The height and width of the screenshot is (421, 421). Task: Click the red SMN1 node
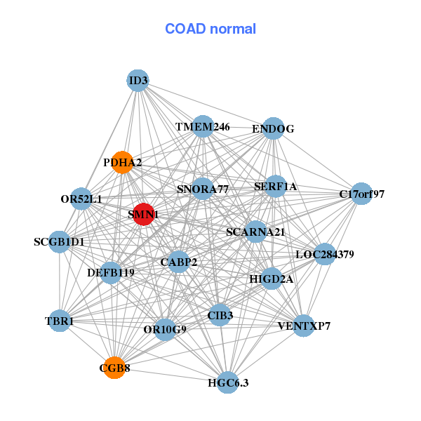coord(143,215)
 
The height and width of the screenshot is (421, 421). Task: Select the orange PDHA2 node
coord(122,162)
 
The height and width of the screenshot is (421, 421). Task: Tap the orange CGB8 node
coord(115,368)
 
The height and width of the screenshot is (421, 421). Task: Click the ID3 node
coord(138,81)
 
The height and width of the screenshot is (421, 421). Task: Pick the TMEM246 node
coord(203,127)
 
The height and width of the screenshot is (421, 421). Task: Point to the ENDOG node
coord(272,128)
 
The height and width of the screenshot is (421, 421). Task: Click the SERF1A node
coord(276,187)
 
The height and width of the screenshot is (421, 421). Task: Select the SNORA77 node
coord(202,189)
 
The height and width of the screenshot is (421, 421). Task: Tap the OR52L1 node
coord(82,199)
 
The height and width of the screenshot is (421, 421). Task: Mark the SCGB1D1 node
coord(59,242)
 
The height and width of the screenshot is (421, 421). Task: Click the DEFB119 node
coord(110,272)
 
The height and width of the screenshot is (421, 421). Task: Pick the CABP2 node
coord(179,262)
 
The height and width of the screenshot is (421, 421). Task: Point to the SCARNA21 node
coord(255,232)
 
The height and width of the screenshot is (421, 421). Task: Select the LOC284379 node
coord(324,254)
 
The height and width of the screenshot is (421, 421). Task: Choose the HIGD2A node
coord(272,279)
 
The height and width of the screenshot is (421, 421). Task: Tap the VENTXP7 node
coord(303,326)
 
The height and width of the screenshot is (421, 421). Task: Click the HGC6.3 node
coord(227,382)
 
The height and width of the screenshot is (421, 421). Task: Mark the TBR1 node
coord(60,321)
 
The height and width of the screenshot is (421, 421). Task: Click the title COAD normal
coord(210,29)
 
